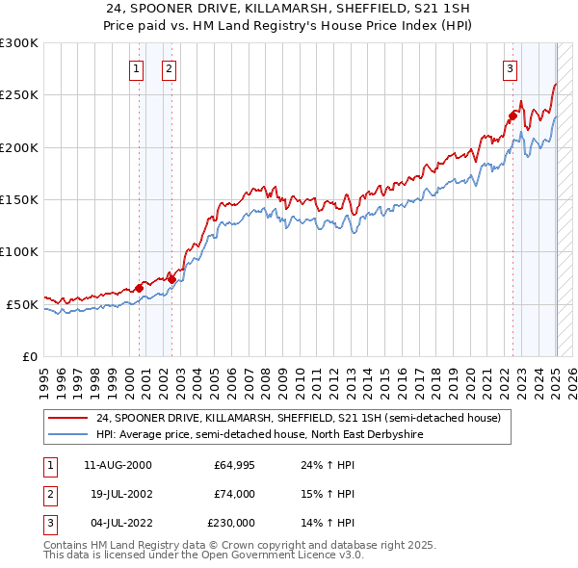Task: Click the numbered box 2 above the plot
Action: click(x=169, y=68)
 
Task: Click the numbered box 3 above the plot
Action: click(x=509, y=68)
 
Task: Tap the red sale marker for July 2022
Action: click(x=512, y=117)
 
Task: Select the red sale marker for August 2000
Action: click(x=139, y=288)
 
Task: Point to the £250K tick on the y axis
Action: click(x=19, y=95)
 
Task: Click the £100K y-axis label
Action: click(x=19, y=251)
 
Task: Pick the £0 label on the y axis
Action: click(x=29, y=356)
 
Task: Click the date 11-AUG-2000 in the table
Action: click(x=118, y=465)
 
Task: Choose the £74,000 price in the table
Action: click(x=234, y=494)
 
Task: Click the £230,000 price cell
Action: click(x=232, y=523)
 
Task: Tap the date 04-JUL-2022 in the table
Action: click(x=117, y=523)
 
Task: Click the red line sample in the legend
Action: click(x=67, y=419)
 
